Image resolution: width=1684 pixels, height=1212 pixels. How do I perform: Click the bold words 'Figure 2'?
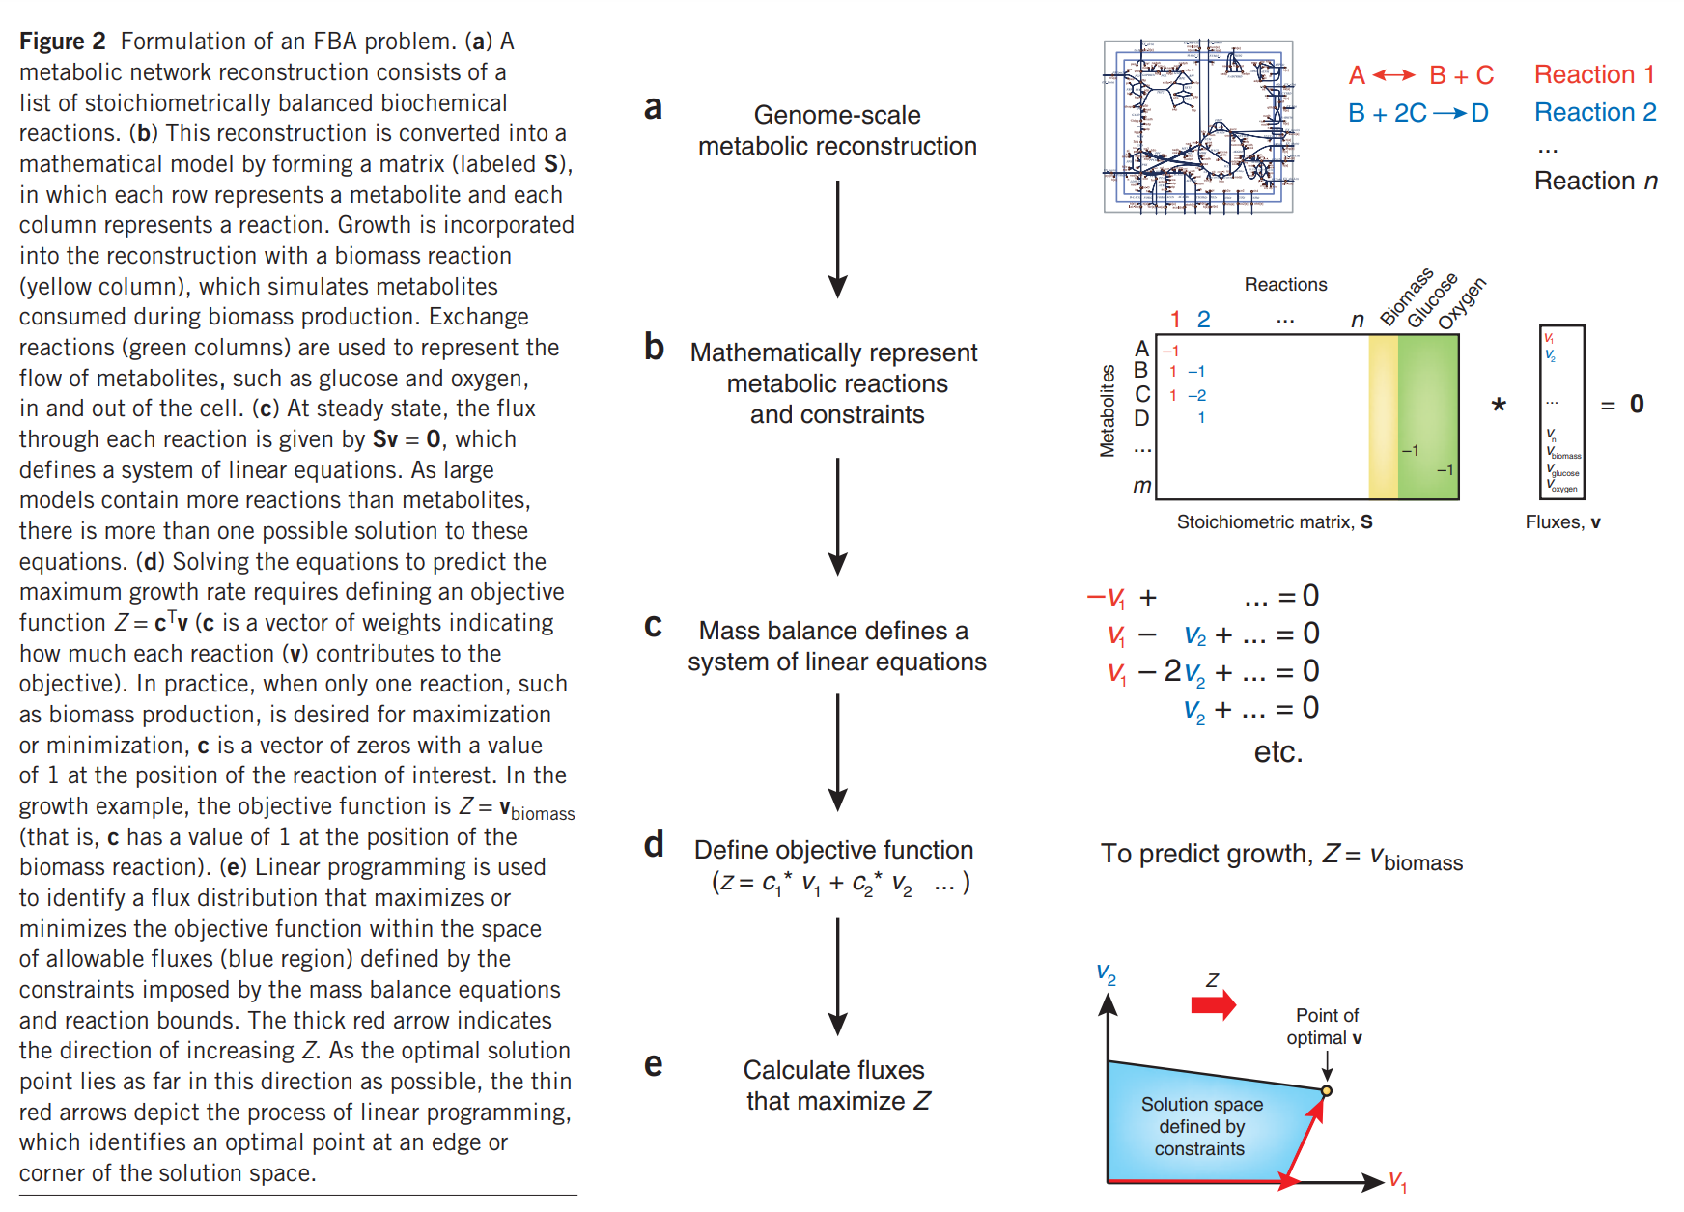pos(62,42)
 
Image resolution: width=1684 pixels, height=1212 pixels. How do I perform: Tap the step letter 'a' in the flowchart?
pos(654,107)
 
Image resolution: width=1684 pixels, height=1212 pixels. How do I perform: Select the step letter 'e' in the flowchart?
pos(654,1064)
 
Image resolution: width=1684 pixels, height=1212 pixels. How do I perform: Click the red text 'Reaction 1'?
pos(1594,74)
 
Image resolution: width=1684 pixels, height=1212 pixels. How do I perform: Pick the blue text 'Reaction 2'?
pos(1594,112)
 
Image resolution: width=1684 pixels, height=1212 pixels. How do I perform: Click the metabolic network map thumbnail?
pos(1197,126)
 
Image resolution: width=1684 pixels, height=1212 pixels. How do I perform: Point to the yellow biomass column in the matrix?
pos(1383,416)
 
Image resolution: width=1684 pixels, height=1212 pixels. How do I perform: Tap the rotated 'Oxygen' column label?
pos(1462,302)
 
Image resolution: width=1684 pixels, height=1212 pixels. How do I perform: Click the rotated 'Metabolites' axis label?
pos(1108,410)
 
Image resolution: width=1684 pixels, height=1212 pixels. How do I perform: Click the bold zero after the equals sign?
pos(1637,404)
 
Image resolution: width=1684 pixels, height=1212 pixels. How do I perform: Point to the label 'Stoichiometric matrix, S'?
pos(1274,522)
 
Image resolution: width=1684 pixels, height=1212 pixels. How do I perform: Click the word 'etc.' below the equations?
pos(1277,751)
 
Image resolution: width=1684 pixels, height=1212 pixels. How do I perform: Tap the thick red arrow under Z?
pos(1214,1005)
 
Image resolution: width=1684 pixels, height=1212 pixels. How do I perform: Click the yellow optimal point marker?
pos(1327,1090)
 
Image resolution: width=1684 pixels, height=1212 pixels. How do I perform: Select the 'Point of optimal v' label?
pos(1325,1027)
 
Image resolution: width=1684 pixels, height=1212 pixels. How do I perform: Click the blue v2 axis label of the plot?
pos(1106,973)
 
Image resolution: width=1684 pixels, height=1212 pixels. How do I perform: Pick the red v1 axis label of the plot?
pos(1397,1180)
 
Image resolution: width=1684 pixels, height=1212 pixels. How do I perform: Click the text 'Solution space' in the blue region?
pos(1201,1104)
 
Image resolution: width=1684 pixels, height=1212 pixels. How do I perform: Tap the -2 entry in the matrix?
pos(1197,395)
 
